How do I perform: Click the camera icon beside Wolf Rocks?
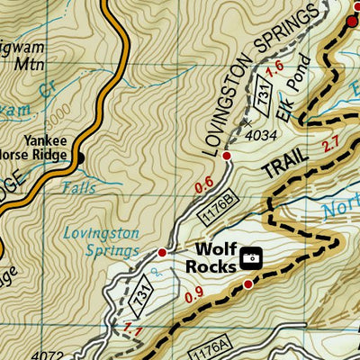pyautogui.click(x=251, y=258)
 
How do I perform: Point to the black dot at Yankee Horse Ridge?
pyautogui.click(x=80, y=160)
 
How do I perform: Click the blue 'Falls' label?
pyautogui.click(x=78, y=189)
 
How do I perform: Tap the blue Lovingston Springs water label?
pyautogui.click(x=101, y=240)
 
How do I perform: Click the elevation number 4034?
pyautogui.click(x=259, y=136)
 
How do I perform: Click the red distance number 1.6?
pyautogui.click(x=276, y=66)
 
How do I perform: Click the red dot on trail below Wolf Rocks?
pyautogui.click(x=247, y=284)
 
